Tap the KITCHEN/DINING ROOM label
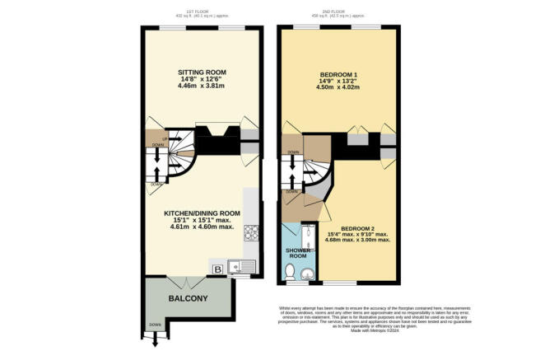[x=202, y=213]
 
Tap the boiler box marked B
[x=218, y=268]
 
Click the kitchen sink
[x=238, y=266]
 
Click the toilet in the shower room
[x=289, y=272]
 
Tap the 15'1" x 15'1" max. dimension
[x=202, y=220]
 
